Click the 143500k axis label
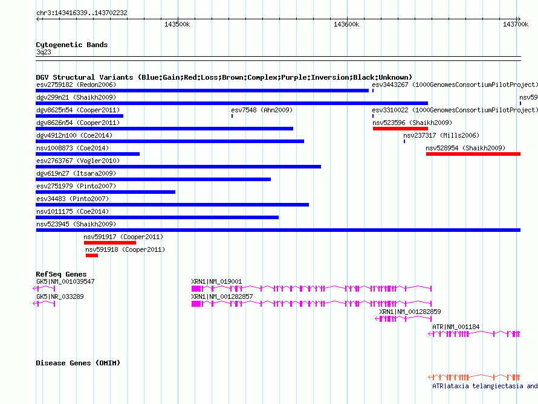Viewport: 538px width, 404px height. (177, 24)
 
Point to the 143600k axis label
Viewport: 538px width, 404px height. (346, 24)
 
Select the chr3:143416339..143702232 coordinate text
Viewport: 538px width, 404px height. (82, 13)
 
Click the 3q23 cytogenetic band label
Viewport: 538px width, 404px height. (44, 52)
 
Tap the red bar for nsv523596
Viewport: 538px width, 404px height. (400, 129)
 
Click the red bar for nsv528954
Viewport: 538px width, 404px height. (473, 154)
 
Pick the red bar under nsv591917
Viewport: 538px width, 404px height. (110, 243)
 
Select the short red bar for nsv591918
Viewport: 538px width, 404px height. (92, 255)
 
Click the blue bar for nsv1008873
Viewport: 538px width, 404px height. (88, 154)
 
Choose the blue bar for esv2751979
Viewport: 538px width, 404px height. (106, 192)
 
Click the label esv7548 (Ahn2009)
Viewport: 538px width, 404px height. (262, 110)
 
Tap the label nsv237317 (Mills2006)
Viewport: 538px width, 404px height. (441, 135)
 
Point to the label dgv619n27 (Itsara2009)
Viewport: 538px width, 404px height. (76, 173)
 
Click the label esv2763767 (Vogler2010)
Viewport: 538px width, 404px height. (78, 161)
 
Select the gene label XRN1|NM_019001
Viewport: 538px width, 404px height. (216, 281)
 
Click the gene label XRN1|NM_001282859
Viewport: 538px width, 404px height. (410, 312)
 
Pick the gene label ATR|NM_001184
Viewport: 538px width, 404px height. (456, 327)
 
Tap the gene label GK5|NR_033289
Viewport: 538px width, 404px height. (60, 297)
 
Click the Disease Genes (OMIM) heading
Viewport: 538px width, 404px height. (78, 363)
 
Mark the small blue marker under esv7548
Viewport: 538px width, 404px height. (232, 116)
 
